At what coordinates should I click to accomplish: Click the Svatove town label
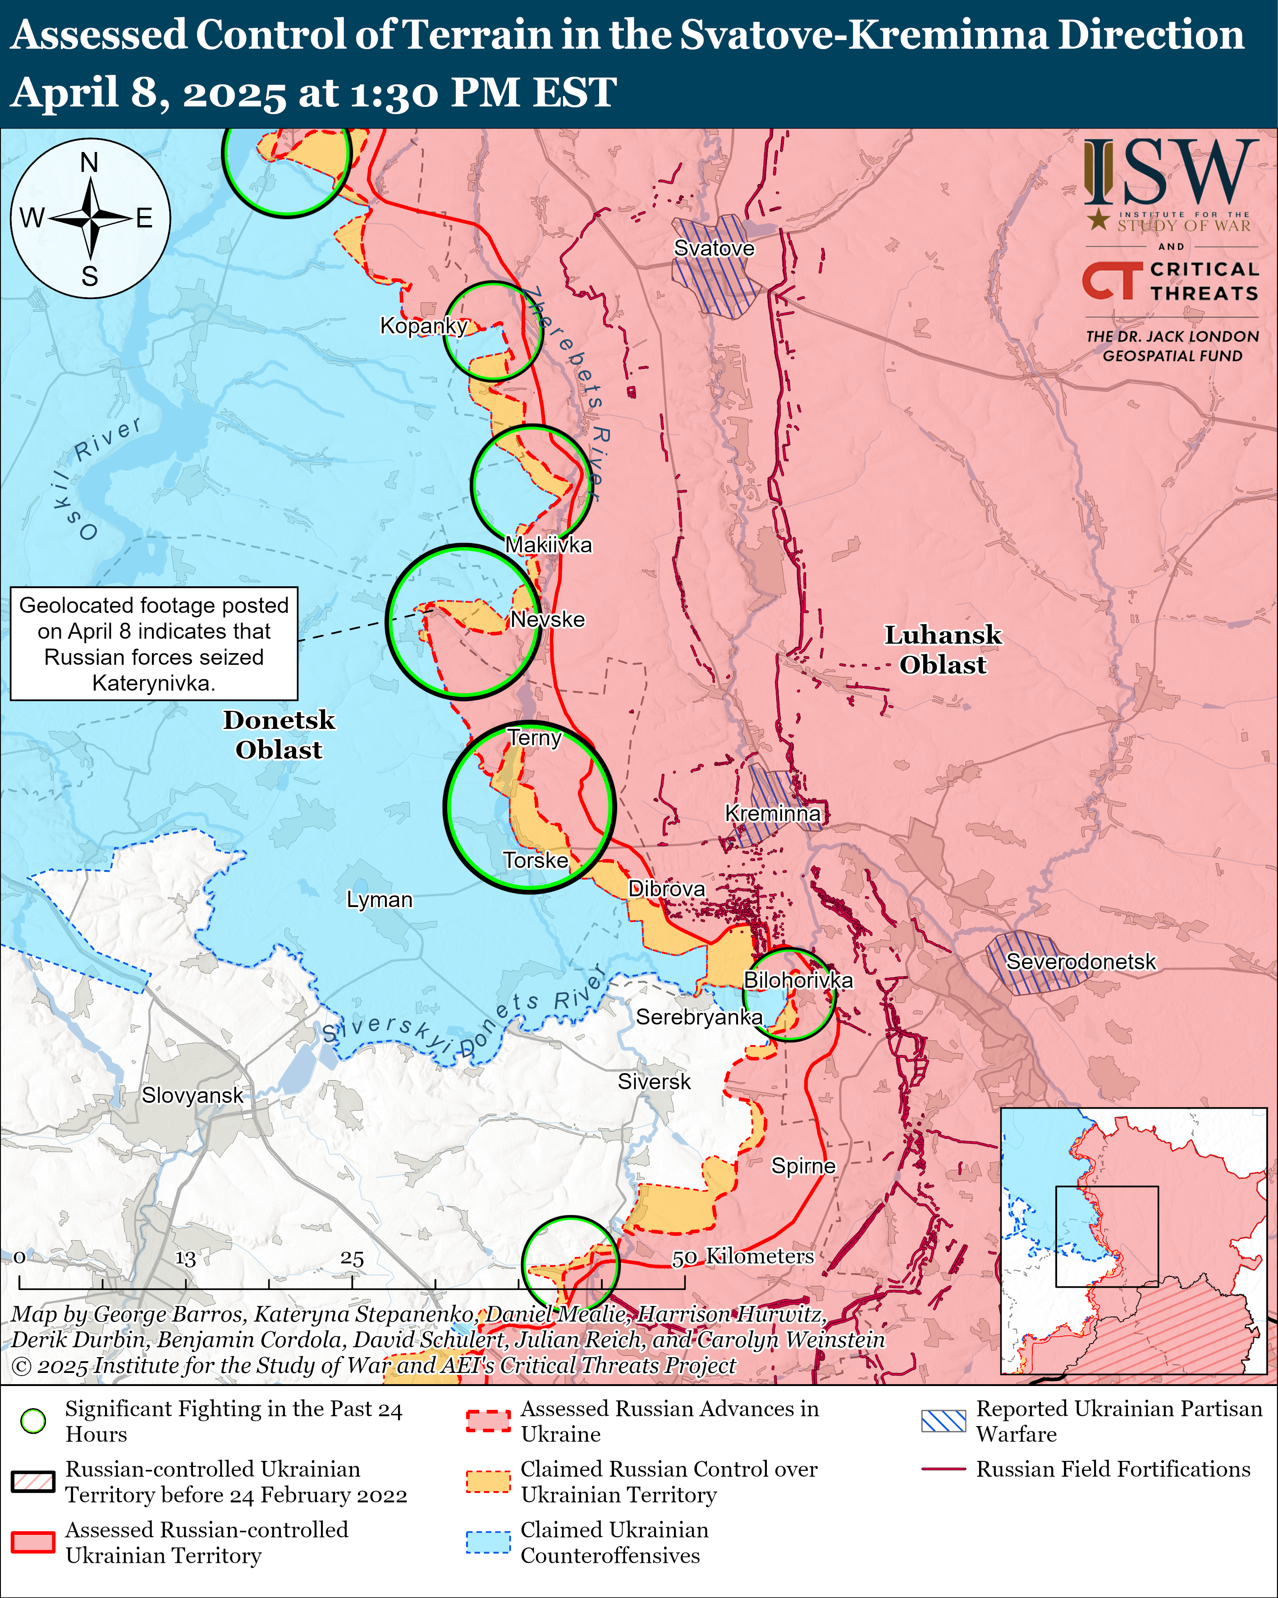tap(714, 249)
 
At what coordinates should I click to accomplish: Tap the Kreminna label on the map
tap(772, 813)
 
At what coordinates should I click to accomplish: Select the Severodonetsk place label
tap(1080, 961)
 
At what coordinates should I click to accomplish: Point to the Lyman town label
tap(379, 900)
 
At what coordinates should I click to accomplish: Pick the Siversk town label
tap(654, 1082)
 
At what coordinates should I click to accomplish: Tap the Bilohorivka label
tap(798, 980)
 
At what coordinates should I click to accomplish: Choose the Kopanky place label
tap(423, 325)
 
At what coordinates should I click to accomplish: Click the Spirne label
tap(803, 1166)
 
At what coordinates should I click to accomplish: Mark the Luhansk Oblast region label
tap(943, 650)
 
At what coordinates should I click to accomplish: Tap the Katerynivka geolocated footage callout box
tap(154, 643)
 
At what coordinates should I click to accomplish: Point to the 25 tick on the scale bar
tap(352, 1258)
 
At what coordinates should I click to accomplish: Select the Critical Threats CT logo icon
tap(1111, 280)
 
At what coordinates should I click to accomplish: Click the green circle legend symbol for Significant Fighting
tap(33, 1421)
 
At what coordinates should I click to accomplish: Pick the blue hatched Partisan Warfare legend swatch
tap(943, 1421)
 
